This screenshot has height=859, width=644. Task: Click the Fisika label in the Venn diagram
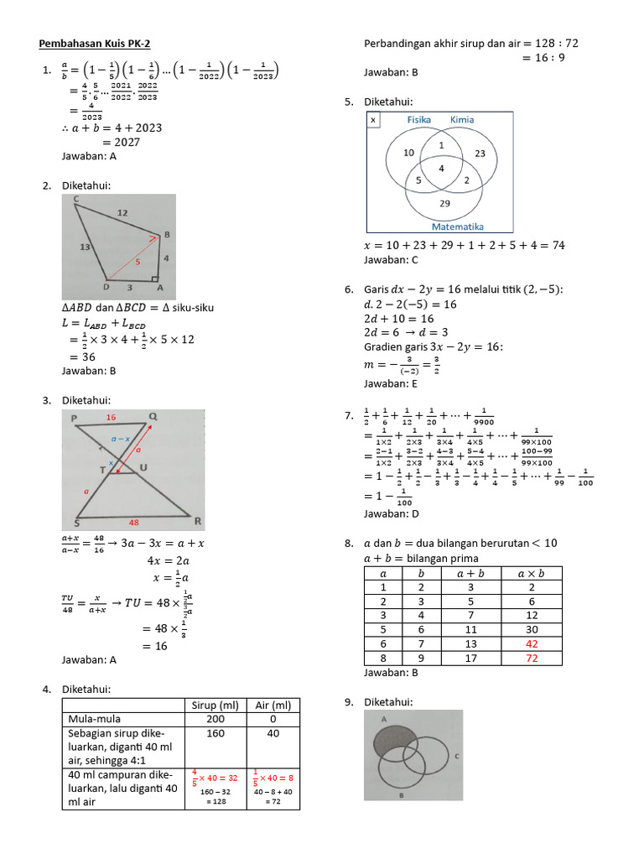[418, 120]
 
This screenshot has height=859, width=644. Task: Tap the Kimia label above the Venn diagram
[462, 120]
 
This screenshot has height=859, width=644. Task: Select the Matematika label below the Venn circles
[457, 226]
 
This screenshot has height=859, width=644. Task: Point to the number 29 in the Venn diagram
[444, 204]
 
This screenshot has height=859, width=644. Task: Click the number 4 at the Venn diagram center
[442, 168]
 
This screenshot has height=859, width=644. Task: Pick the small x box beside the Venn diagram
[373, 121]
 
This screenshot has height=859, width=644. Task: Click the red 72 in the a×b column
[532, 659]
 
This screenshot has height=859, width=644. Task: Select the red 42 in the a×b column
[532, 643]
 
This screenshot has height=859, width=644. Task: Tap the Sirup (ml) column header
[214, 705]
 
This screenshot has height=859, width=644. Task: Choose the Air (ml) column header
[273, 705]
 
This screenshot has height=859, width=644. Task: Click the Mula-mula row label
[92, 720]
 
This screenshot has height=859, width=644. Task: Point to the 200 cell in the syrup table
[214, 720]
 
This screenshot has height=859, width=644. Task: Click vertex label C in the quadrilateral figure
[76, 200]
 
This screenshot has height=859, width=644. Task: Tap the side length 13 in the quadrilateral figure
[85, 247]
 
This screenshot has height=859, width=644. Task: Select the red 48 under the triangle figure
[133, 521]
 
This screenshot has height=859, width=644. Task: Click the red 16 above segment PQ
[111, 417]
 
